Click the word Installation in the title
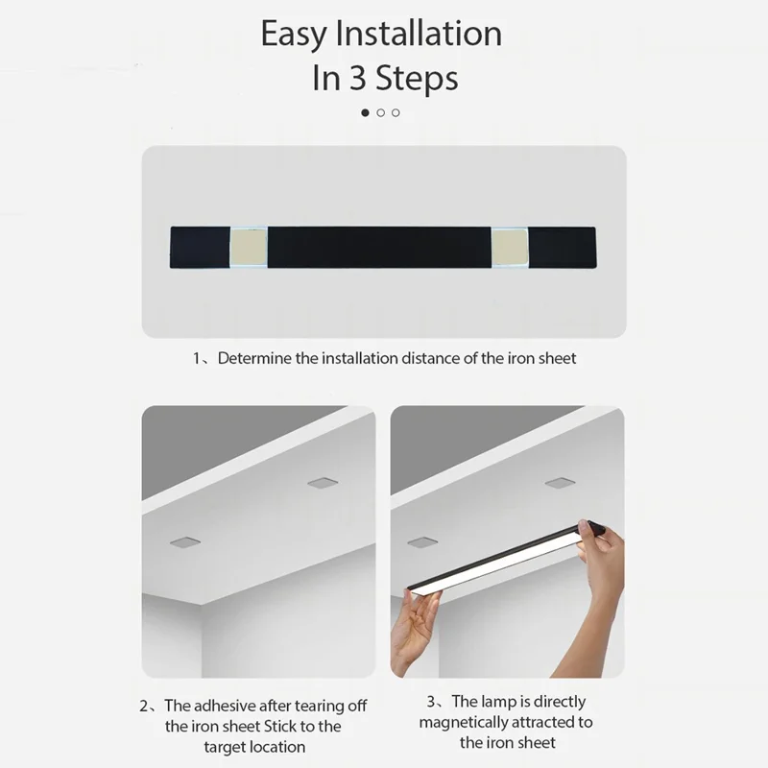pos(418,35)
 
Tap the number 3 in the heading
pos(357,78)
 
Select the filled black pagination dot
pos(365,112)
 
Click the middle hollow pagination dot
pos(381,112)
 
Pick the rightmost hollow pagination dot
pos(396,112)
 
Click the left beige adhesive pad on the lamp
pos(249,247)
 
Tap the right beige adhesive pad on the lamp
pos(509,247)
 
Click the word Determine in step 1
pos(254,359)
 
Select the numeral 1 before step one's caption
pos(196,359)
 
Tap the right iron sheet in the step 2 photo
pos(321,482)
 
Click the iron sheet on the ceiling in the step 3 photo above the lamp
pos(559,482)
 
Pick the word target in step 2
pos(226,746)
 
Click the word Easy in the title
pos(294,35)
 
